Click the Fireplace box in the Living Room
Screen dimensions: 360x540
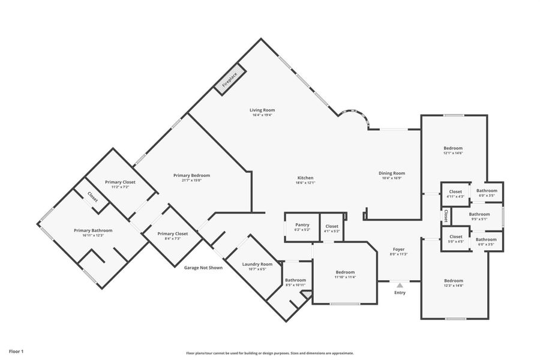click(230, 79)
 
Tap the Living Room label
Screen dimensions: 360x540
click(262, 110)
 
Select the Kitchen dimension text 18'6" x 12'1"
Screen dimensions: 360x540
click(305, 183)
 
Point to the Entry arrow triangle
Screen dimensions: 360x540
click(400, 286)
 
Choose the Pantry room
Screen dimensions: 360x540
click(302, 227)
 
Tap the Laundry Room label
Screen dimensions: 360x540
click(257, 264)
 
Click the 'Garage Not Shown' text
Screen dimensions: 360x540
click(203, 268)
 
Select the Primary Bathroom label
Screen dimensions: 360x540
click(93, 230)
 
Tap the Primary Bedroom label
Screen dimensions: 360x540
click(191, 175)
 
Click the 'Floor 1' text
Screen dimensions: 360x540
click(16, 350)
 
